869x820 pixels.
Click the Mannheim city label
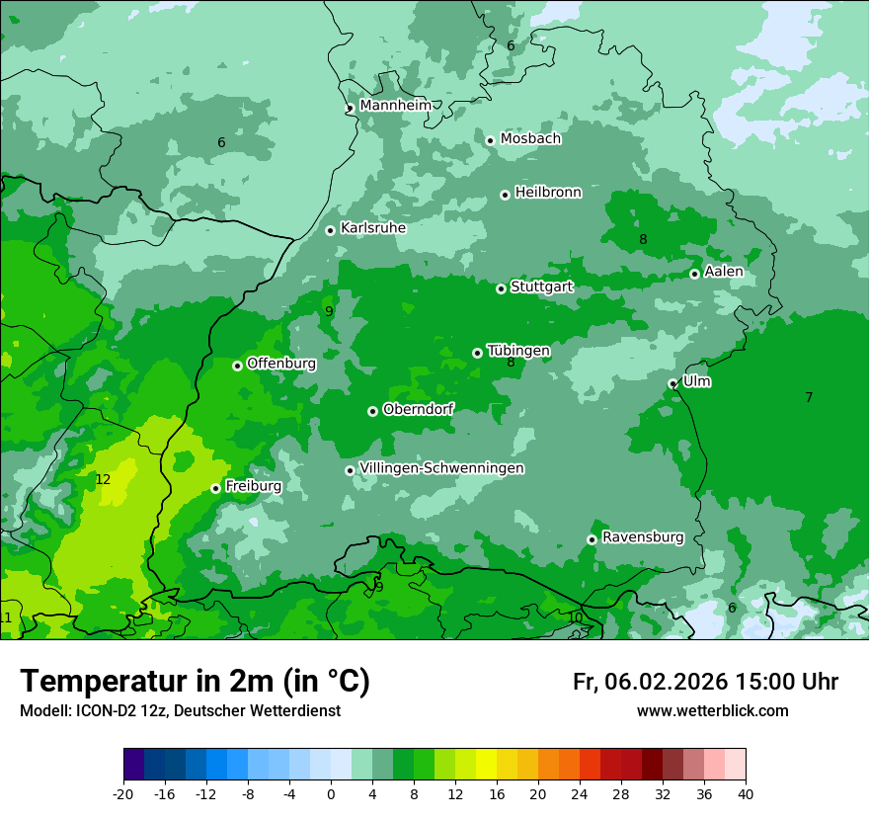click(395, 105)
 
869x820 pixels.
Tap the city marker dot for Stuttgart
click(501, 288)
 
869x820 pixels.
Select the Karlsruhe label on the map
click(373, 227)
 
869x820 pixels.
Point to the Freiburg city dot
click(215, 488)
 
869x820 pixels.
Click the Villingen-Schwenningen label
click(441, 467)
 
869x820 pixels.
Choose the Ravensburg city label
click(643, 536)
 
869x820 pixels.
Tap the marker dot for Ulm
click(672, 383)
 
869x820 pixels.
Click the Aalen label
click(724, 271)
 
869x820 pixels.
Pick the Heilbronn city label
click(548, 192)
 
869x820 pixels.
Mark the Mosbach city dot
click(490, 140)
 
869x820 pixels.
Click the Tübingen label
click(518, 350)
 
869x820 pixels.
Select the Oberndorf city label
click(418, 408)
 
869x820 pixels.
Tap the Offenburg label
click(281, 363)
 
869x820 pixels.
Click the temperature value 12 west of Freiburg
click(103, 479)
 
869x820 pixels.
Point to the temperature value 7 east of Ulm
click(809, 397)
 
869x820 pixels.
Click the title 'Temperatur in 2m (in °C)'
click(195, 681)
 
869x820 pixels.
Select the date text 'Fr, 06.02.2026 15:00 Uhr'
click(705, 682)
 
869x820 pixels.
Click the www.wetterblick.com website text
click(712, 710)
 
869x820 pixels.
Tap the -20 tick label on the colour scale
click(123, 793)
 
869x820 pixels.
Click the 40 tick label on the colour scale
click(746, 793)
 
